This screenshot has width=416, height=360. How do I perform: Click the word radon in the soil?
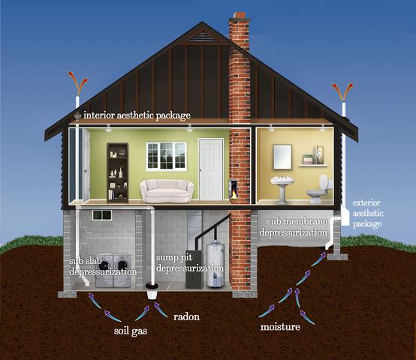point(186,316)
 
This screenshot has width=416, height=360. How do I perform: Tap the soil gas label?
point(131,331)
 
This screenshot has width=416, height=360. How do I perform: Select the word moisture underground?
point(280,326)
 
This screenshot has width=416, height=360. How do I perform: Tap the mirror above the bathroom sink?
point(282,157)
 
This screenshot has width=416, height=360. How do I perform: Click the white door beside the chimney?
point(211,169)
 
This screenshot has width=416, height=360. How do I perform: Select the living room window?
point(167,156)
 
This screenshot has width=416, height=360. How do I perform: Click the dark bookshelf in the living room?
point(118,172)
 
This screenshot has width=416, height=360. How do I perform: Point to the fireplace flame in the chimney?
point(234,194)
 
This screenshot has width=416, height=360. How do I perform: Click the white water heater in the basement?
point(216,265)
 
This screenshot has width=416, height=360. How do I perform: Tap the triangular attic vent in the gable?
point(202,36)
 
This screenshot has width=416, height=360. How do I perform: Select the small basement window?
point(102,215)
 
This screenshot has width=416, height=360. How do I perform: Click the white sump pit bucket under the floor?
point(152,291)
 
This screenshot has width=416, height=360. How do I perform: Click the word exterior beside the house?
point(366,203)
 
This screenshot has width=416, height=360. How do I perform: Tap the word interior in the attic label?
point(99,115)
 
